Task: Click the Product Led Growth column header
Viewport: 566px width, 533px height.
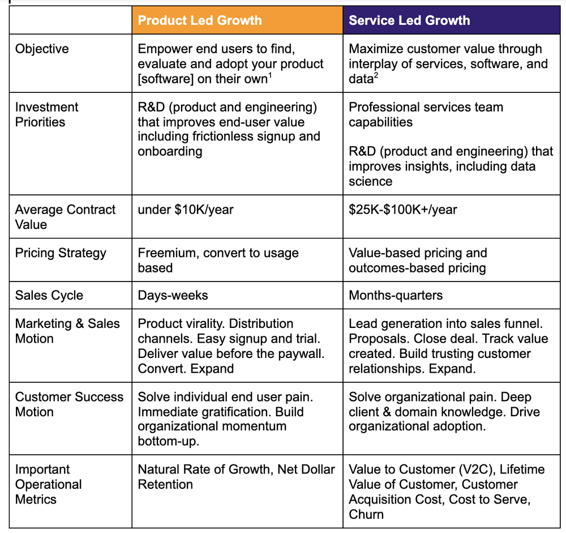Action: coord(200,21)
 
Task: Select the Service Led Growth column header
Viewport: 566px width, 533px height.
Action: coord(409,21)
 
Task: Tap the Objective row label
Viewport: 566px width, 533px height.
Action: coord(42,49)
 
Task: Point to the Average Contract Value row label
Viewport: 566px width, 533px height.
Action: coord(65,217)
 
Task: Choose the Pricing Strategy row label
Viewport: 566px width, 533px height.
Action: coord(61,253)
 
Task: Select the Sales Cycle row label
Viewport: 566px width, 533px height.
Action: coord(49,296)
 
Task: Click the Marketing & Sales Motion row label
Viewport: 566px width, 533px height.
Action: coord(67,331)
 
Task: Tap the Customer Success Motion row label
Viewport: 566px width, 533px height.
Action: coord(69,404)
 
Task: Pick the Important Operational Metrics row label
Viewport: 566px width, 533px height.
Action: coord(49,484)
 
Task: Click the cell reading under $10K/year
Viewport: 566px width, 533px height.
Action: coord(186,210)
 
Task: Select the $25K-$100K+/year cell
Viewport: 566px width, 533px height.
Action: coord(403,210)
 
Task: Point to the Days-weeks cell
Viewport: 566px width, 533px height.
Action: coord(173,296)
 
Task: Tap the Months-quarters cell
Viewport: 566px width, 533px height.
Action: coord(396,296)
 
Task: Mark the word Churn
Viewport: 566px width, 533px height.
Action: coord(366,514)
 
